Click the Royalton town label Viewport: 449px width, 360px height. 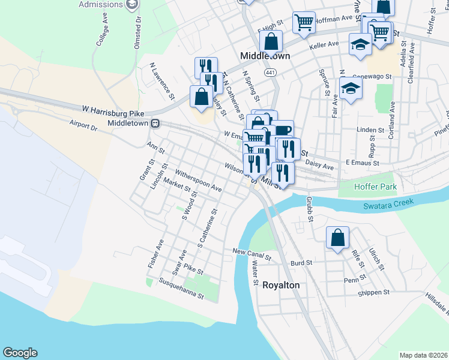tap(281, 285)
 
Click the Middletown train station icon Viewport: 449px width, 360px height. tap(155, 123)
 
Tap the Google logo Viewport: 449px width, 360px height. tap(20, 353)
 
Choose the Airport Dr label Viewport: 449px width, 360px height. tap(83, 127)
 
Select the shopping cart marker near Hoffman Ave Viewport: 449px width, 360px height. tap(304, 22)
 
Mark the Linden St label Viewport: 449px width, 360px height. tap(370, 130)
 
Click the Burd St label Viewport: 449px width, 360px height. tap(301, 263)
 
